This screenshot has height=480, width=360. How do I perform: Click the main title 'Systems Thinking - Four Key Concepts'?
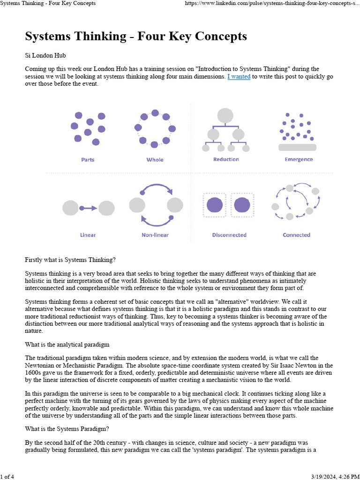coord(135,36)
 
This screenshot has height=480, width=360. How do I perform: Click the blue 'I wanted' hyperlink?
coord(239,76)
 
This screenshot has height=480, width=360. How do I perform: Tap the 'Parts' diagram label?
coord(88,159)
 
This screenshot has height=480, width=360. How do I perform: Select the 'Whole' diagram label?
coord(155,159)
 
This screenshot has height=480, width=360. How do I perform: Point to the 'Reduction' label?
coord(226,159)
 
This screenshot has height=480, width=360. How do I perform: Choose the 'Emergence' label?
coord(298,159)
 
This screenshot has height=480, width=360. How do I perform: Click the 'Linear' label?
coord(88,235)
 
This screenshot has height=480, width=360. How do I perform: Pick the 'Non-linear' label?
coord(155,235)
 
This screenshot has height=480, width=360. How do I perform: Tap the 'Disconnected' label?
coord(229,235)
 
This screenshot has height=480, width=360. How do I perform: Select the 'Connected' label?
coord(296,235)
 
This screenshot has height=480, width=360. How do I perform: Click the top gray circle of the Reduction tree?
coord(225,116)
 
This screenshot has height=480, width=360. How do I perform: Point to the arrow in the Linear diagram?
coord(89,208)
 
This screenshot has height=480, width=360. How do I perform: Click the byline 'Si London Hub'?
coord(46,55)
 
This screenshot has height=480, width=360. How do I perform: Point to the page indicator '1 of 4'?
coord(7,477)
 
